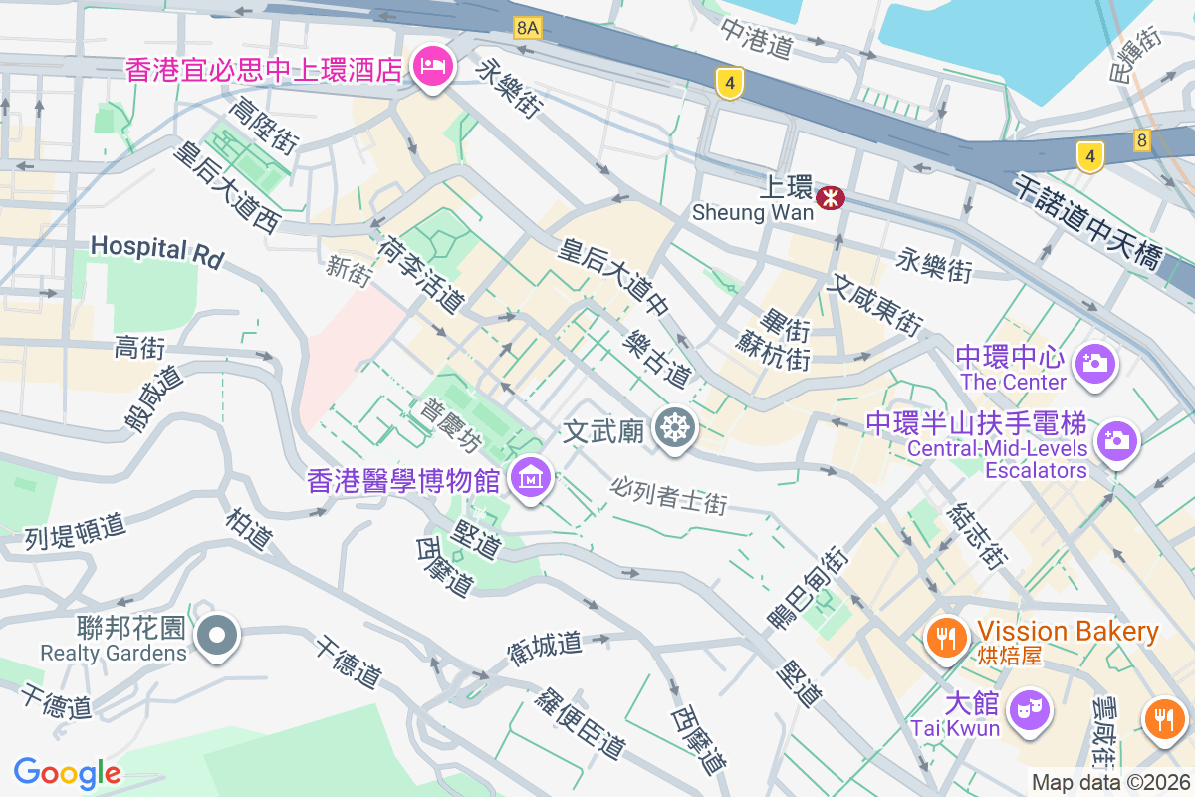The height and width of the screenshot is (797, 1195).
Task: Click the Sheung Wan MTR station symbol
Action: click(x=829, y=198)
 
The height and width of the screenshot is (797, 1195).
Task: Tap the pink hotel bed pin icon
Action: click(x=433, y=67)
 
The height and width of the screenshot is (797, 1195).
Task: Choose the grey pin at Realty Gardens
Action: click(x=216, y=635)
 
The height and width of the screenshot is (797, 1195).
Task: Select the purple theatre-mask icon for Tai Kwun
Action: click(x=1026, y=709)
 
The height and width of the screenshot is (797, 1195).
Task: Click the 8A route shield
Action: click(x=528, y=29)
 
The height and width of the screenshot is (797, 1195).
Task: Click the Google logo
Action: click(x=67, y=772)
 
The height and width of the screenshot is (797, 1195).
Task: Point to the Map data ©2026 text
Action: click(x=1110, y=782)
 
